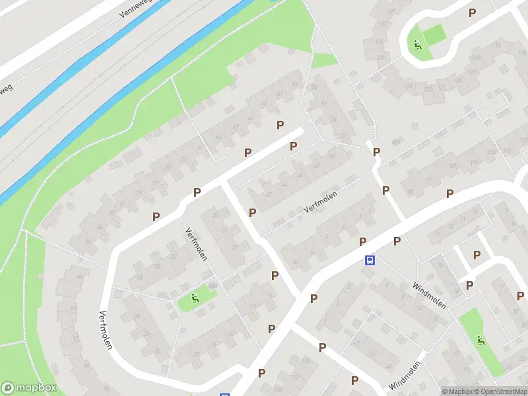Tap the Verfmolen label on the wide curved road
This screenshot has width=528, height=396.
pyautogui.click(x=104, y=329)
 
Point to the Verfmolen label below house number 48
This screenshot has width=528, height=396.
pyautogui.click(x=321, y=200)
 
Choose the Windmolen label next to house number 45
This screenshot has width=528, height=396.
pyautogui.click(x=405, y=376)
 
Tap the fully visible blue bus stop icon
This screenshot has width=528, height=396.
pyautogui.click(x=370, y=260)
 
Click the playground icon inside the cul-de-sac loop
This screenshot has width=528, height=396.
pyautogui.click(x=417, y=46)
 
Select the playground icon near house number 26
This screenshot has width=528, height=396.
pyautogui.click(x=193, y=298)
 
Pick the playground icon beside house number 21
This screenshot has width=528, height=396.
pyautogui.click(x=481, y=341)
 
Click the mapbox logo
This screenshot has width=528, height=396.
pyautogui.click(x=28, y=387)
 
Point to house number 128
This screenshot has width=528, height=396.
pyautogui.click(x=392, y=11)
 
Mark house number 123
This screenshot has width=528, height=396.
pyautogui.click(x=408, y=86)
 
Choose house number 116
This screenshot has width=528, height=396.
pyautogui.click(x=496, y=45)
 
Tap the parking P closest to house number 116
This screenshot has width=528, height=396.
pyautogui.click(x=472, y=13)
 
